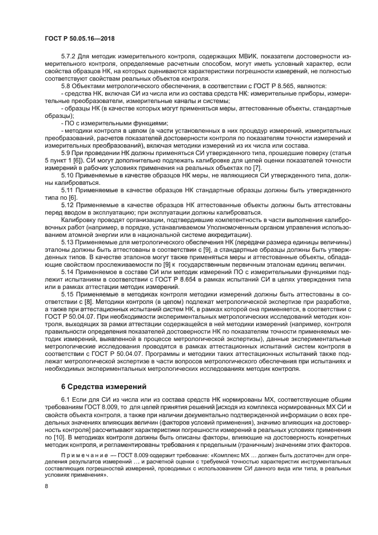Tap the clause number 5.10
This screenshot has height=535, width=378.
point(67,175)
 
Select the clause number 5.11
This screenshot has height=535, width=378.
point(67,189)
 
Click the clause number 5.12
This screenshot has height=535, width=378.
point(67,203)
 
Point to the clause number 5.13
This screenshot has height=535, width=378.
point(67,244)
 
